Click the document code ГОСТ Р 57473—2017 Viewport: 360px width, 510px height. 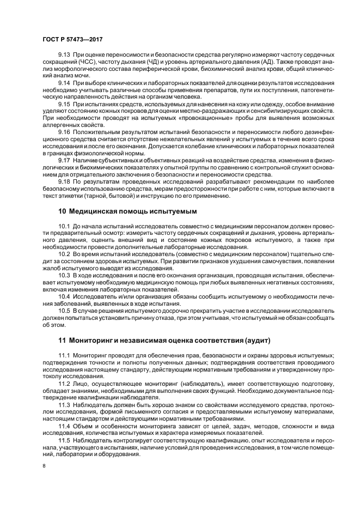72,40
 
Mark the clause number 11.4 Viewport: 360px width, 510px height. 65,424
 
